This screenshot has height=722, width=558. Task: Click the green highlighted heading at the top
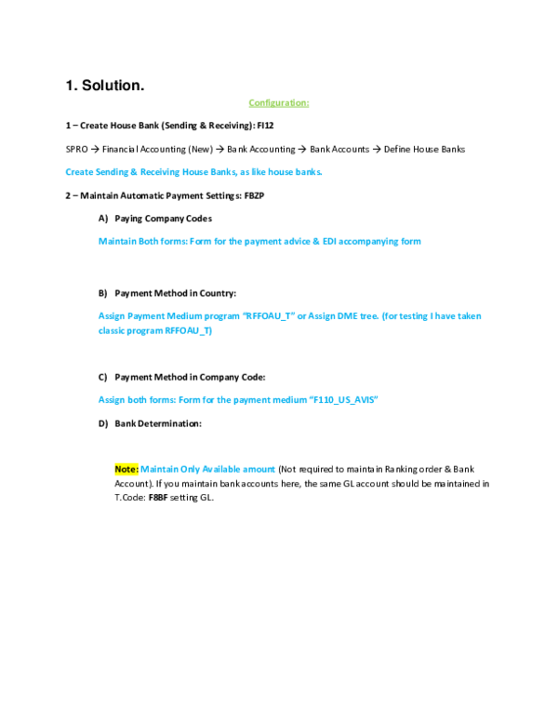point(278,103)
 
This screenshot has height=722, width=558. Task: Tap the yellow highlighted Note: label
point(126,469)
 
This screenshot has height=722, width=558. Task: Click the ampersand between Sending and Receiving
point(134,172)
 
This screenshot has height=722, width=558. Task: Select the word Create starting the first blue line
point(75,172)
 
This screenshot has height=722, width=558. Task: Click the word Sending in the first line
point(109,172)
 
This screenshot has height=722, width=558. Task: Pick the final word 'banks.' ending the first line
point(309,172)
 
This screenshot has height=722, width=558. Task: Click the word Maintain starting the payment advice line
point(115,241)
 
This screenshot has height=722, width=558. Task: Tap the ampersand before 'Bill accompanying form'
point(316,241)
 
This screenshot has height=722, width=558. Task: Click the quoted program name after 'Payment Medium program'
point(270,316)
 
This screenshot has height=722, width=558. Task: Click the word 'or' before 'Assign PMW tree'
point(300,316)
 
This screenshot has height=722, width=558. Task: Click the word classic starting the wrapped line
point(112,330)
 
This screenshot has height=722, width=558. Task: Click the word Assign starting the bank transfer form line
point(112,400)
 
